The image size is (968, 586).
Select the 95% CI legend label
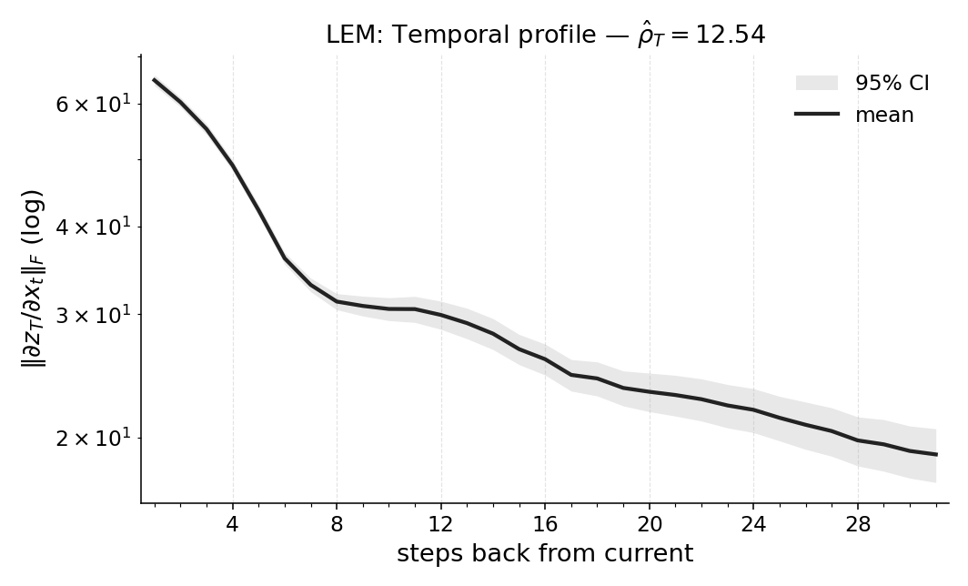point(892,83)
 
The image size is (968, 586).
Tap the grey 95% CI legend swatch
point(816,83)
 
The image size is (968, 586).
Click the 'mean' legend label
point(884,115)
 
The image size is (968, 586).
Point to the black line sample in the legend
point(816,115)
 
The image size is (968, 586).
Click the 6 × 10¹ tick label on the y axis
point(93,104)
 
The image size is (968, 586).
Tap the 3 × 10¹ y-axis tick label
point(93,314)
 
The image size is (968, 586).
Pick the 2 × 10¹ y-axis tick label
point(93,438)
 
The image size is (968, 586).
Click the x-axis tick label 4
point(233,525)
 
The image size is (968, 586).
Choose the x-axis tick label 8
point(337,525)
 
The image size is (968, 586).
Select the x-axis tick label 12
point(441,525)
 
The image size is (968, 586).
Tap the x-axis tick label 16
point(545,525)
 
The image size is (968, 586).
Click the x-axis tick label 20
point(650,525)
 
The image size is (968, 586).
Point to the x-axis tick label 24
point(753,525)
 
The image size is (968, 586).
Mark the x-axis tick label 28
point(858,525)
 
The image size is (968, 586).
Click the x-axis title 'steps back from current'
point(545,553)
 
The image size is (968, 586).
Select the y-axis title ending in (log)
point(33,278)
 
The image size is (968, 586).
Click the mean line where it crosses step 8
point(337,301)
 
